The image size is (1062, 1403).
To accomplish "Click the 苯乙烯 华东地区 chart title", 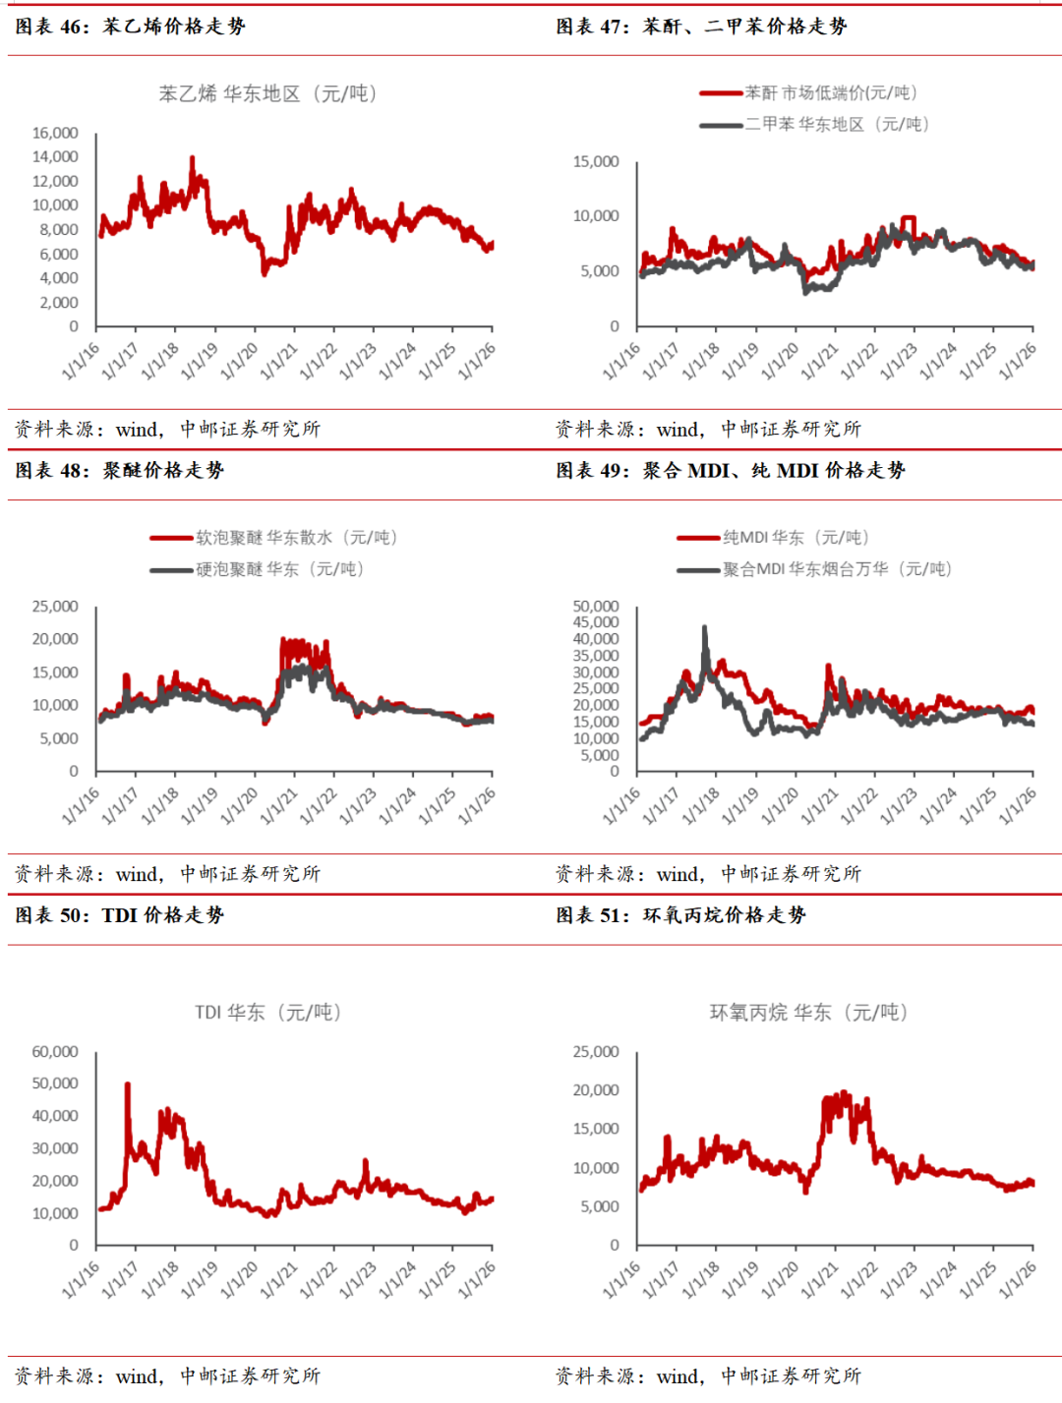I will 267,93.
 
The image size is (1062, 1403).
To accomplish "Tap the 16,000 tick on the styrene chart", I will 55,133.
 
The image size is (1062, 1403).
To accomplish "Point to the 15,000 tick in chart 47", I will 596,161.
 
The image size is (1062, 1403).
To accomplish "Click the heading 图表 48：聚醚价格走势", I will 120,470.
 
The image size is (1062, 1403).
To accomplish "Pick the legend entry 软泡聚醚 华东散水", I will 273,537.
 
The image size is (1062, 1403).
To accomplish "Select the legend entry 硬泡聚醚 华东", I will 257,568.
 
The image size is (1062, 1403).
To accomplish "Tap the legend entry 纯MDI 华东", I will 773,537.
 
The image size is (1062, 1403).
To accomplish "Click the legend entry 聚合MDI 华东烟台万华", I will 814,568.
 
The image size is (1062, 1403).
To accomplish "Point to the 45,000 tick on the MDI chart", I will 596,622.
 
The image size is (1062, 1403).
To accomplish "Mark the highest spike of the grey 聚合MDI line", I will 704,627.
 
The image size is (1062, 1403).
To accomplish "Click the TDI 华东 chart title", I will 267,1012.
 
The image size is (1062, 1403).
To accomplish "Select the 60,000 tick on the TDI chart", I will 55,1051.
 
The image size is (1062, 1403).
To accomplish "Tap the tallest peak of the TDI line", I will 127,1084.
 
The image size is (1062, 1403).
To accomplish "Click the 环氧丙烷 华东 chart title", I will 808,1012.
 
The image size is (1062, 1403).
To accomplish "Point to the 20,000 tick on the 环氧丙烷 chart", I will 596,1090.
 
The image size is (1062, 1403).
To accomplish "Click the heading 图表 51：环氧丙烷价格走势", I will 680,914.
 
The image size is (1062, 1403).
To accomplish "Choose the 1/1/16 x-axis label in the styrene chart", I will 81,362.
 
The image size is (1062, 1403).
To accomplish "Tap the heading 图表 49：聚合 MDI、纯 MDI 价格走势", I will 731,470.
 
